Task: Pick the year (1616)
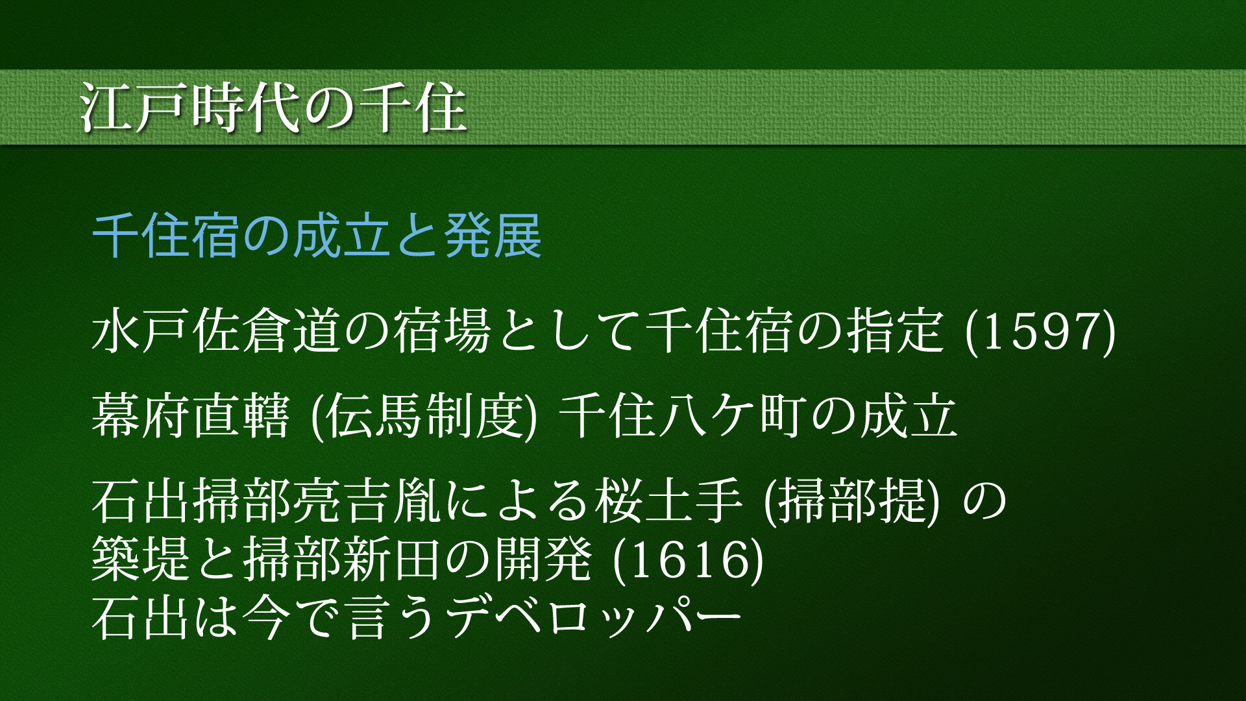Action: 688,560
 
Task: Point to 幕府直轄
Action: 190,416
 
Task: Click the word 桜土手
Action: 668,502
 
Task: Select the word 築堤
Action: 141,560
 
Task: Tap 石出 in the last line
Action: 141,617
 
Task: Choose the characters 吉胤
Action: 393,502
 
